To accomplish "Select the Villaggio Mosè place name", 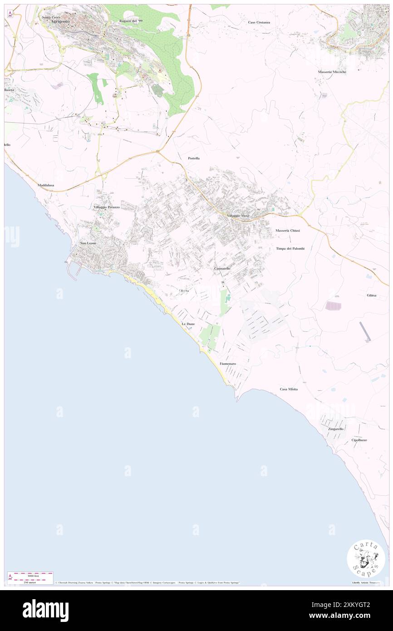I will [x=238, y=215].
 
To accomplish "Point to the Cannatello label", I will [x=222, y=269].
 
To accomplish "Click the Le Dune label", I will [x=188, y=324].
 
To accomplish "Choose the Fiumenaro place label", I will [x=228, y=364].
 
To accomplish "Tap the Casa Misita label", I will [x=289, y=389].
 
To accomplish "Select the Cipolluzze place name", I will [x=359, y=440].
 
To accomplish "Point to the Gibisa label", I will [x=372, y=295].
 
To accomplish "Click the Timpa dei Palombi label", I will [x=290, y=248].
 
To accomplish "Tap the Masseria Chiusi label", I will [x=288, y=231].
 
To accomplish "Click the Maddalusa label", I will [x=46, y=185].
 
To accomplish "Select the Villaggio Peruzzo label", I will [x=107, y=207].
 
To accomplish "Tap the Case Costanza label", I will [x=259, y=22].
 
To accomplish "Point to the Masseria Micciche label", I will [x=332, y=72].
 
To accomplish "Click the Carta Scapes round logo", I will [x=366, y=558].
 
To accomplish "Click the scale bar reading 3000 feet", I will [x=30, y=575].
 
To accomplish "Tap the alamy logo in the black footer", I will [x=45, y=610].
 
